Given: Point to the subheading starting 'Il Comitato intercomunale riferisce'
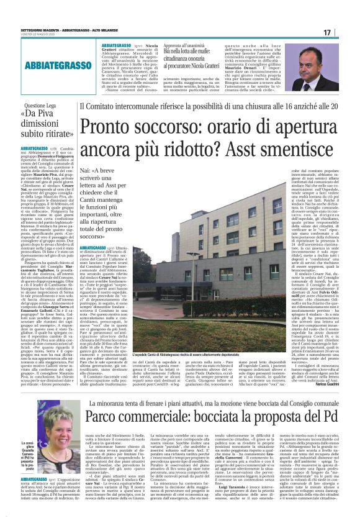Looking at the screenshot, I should click(217, 107).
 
